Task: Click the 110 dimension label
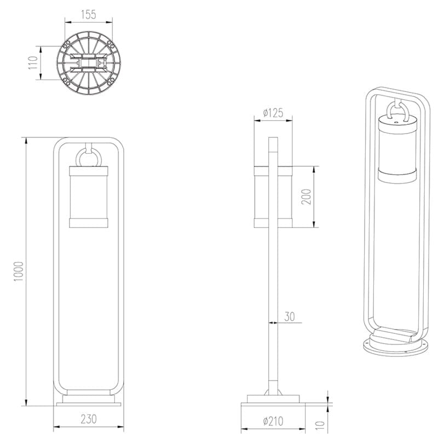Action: point(33,62)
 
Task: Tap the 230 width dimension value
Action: point(88,419)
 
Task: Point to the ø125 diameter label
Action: point(273,113)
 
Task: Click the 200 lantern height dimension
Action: point(307,197)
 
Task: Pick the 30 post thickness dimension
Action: point(289,316)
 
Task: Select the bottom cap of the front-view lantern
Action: point(89,222)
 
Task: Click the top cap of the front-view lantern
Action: point(89,170)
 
